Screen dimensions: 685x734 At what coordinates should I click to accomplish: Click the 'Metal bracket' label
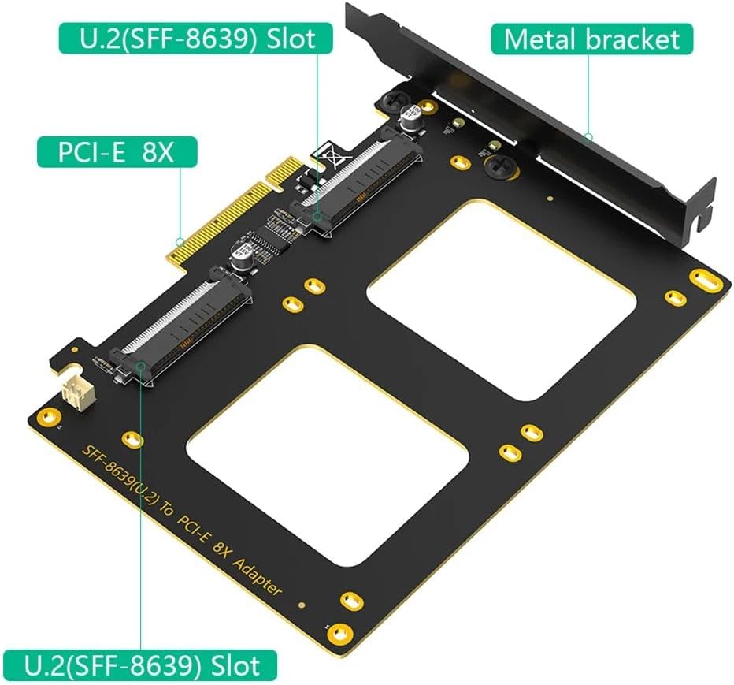click(x=592, y=39)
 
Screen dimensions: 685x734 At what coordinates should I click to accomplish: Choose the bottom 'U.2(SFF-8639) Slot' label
click(x=141, y=665)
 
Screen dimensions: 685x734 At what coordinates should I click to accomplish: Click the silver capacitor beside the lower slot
click(x=240, y=255)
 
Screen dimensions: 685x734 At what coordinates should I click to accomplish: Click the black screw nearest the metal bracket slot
click(x=499, y=165)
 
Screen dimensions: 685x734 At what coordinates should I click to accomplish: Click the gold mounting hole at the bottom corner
click(x=339, y=631)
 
